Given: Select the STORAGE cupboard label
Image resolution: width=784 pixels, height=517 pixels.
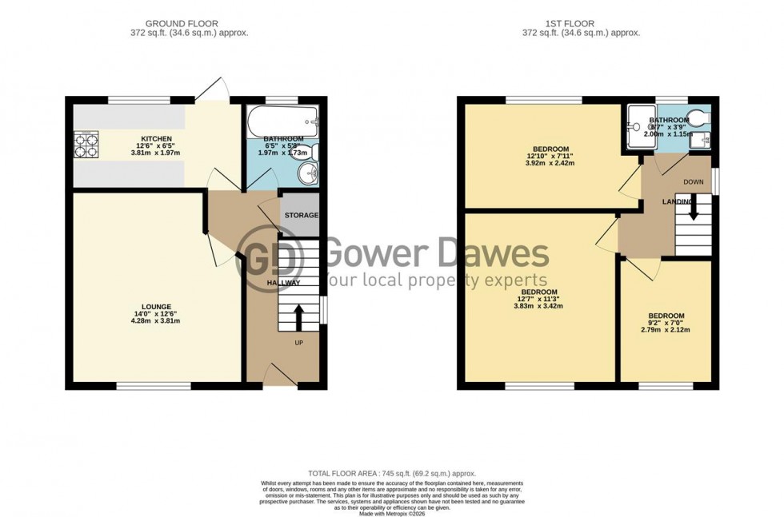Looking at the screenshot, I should [x=301, y=215].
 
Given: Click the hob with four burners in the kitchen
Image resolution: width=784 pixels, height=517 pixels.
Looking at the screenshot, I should [x=86, y=146].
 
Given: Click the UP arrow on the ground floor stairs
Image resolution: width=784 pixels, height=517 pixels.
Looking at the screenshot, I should [x=299, y=316].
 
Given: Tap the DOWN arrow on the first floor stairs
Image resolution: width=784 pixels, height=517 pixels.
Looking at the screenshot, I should [x=694, y=209].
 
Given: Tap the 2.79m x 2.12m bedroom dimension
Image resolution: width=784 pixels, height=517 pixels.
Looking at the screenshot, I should [x=666, y=330].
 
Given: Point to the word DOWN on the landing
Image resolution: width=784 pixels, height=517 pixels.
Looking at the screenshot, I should [x=694, y=182].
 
